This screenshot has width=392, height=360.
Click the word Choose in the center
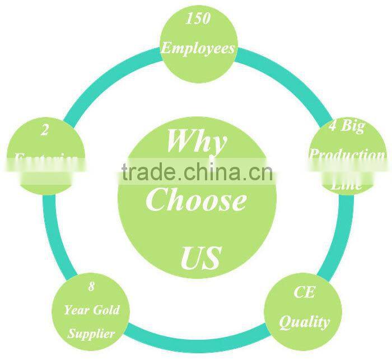coord(196,200)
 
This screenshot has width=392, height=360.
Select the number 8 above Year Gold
coord(91,288)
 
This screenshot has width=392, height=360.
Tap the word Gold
coord(106,310)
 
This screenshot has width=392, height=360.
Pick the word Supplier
coord(91,334)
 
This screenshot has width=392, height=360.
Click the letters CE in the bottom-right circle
coord(304,292)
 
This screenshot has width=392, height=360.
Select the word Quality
coord(304,321)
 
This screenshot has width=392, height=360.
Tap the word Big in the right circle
coord(353,127)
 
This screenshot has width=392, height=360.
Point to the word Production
coord(348,155)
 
